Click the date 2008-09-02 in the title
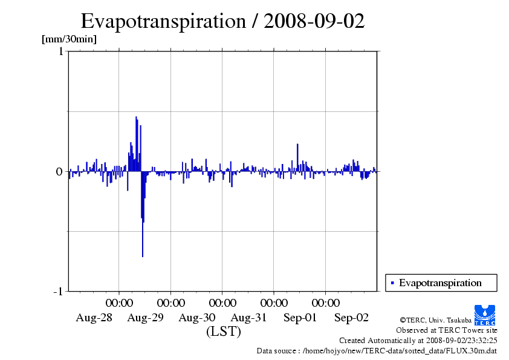(315, 21)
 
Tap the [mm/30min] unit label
(69, 39)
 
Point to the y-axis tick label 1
(60, 52)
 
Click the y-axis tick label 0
(60, 172)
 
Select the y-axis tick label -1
(58, 292)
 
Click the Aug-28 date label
(94, 318)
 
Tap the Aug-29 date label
(146, 318)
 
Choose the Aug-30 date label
(197, 318)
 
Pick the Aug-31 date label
(249, 318)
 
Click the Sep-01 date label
(300, 318)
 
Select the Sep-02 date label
(352, 318)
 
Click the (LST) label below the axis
(224, 332)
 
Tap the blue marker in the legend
(392, 283)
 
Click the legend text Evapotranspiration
(440, 283)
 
